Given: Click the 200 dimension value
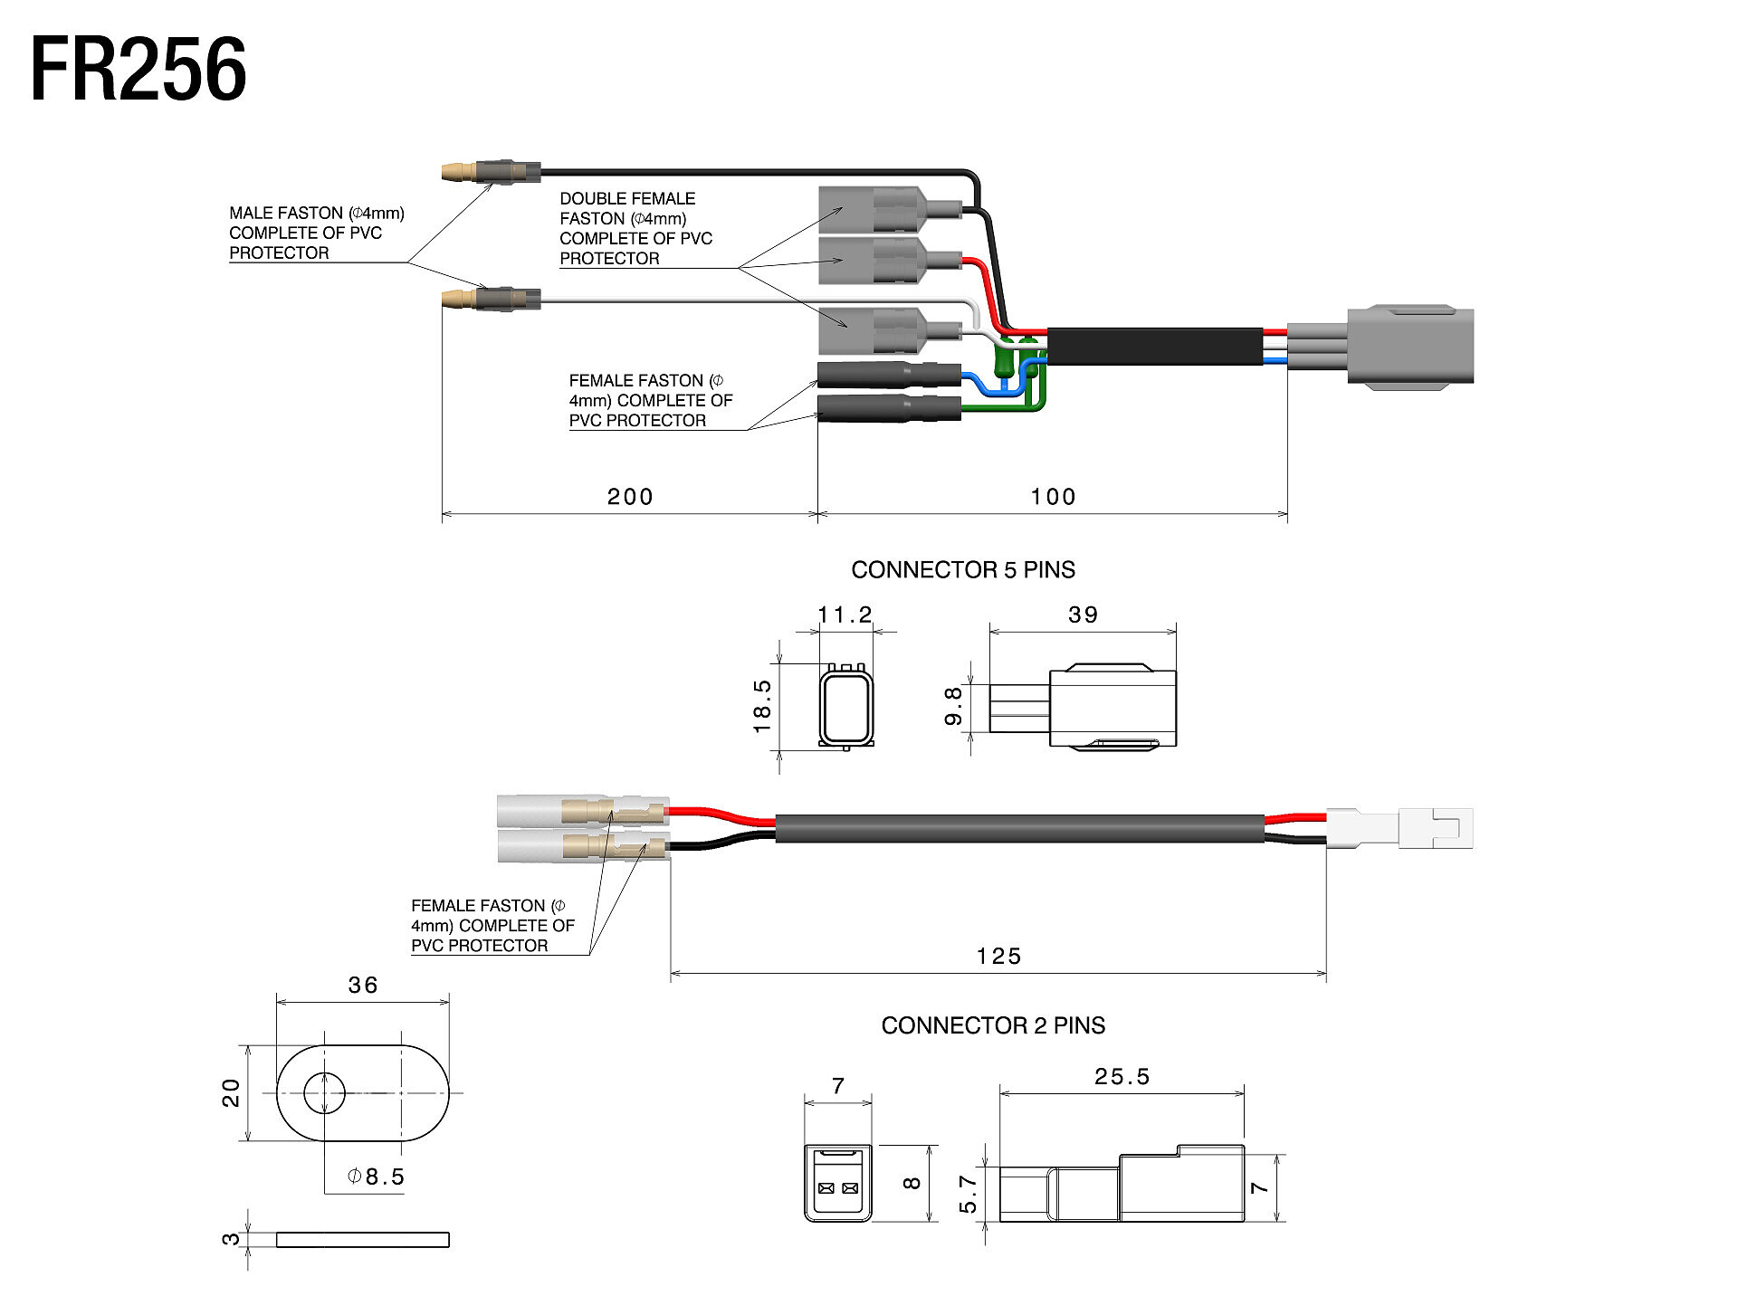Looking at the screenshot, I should [x=629, y=497].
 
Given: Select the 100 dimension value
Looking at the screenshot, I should [x=1053, y=497].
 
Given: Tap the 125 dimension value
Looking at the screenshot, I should [x=998, y=957].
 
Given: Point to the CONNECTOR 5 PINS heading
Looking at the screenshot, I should [x=963, y=570].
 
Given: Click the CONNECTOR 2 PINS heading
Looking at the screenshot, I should [x=993, y=1025].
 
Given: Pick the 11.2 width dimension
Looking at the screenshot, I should [x=845, y=615].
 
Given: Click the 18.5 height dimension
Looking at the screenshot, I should [x=762, y=707].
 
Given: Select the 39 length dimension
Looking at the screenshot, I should [x=1083, y=615].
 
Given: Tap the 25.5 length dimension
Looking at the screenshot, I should [x=1122, y=1077].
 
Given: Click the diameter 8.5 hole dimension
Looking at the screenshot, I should [x=377, y=1177].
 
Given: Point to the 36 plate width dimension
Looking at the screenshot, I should [x=363, y=986].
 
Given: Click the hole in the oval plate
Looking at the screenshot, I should [x=324, y=1093].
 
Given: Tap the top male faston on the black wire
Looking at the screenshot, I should [x=490, y=171].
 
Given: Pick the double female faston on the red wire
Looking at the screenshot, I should [x=878, y=261].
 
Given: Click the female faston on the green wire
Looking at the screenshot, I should [x=887, y=409].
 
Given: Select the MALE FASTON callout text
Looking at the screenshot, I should [x=316, y=233].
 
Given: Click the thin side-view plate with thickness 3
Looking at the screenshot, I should [x=362, y=1240].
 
